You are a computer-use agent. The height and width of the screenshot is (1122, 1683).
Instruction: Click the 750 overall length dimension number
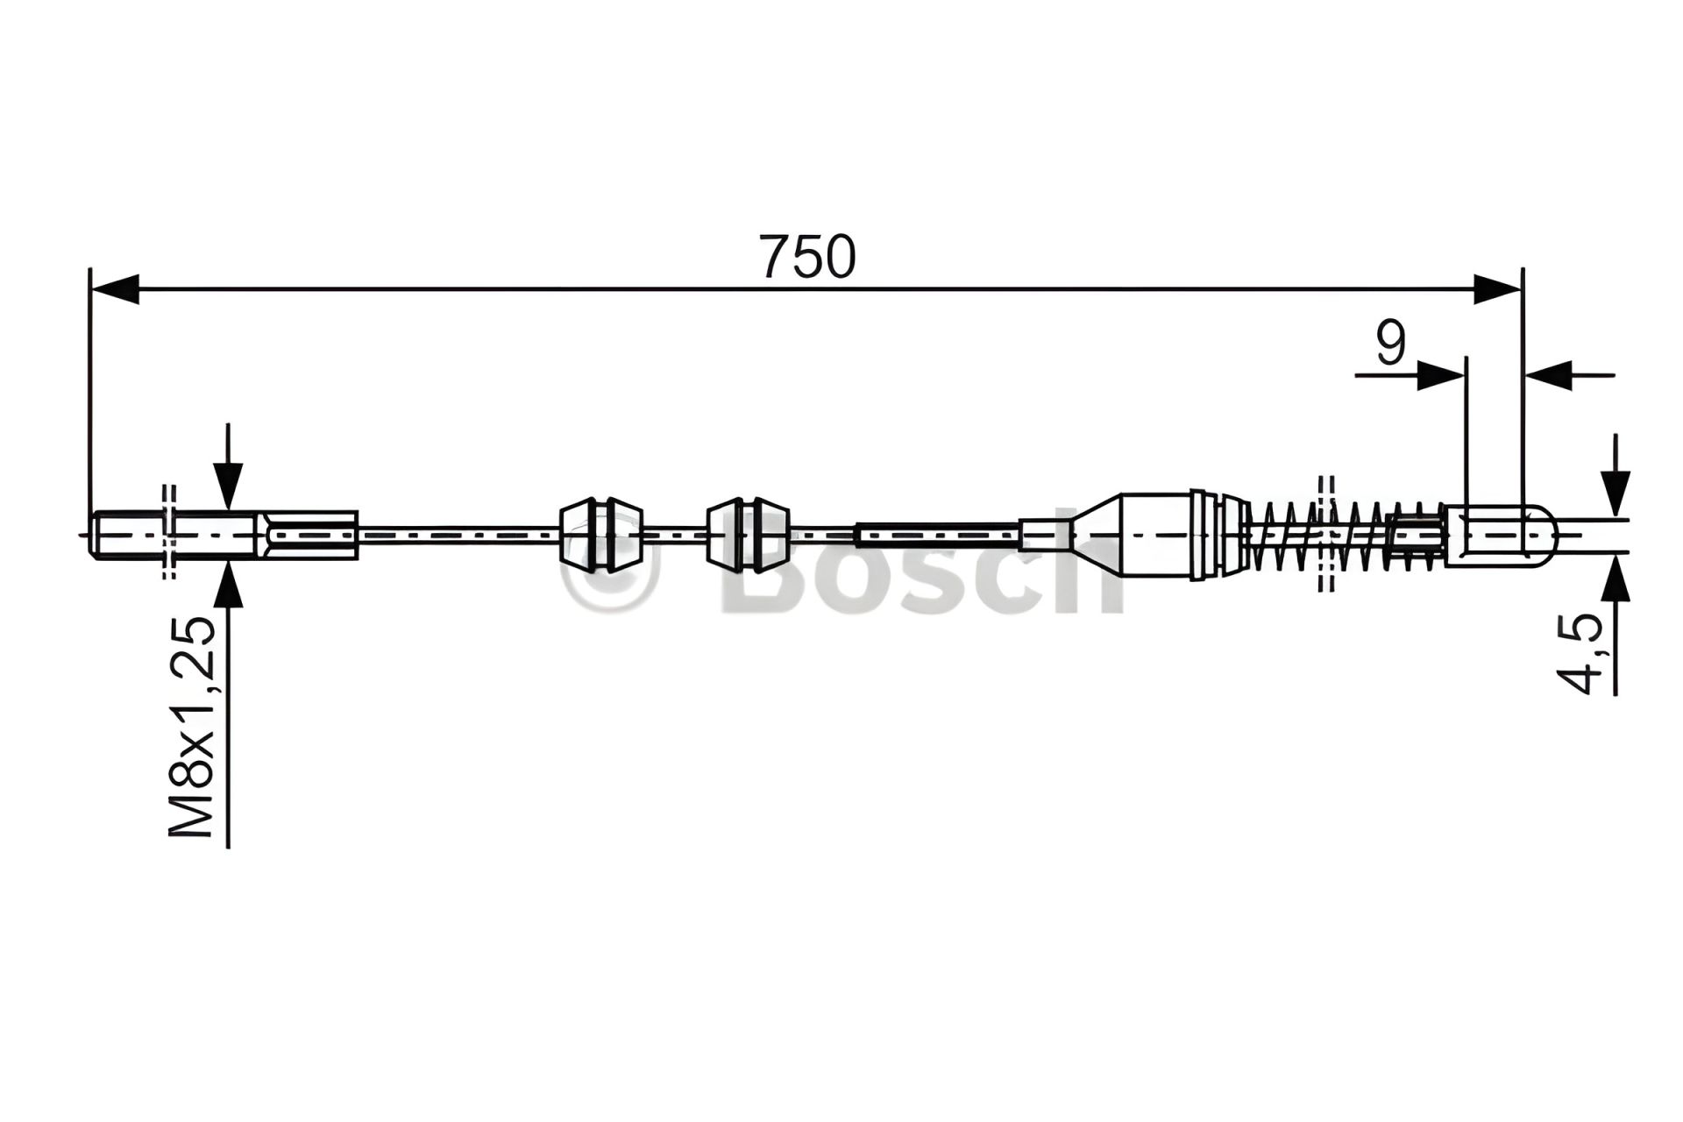pos(807,257)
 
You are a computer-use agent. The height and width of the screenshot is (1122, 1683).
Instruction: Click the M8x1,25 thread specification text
pos(193,727)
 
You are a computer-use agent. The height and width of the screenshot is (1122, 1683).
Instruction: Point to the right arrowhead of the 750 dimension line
pos(1496,289)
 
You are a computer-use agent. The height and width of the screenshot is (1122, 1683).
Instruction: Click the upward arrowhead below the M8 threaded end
pos(228,583)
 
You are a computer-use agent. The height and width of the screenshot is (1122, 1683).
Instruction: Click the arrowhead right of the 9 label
pos(1440,376)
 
